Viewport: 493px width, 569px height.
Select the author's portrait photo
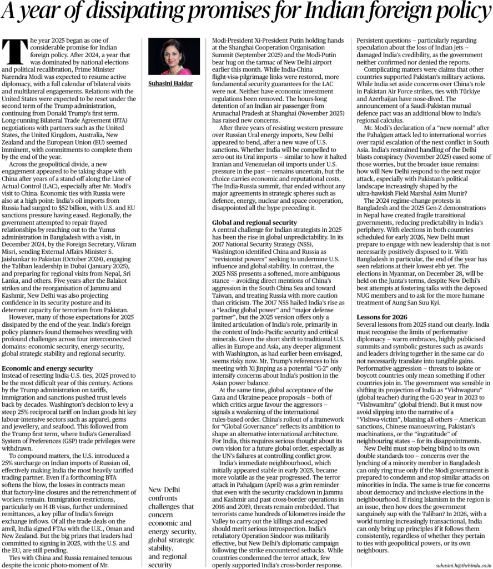[x=176, y=57]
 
